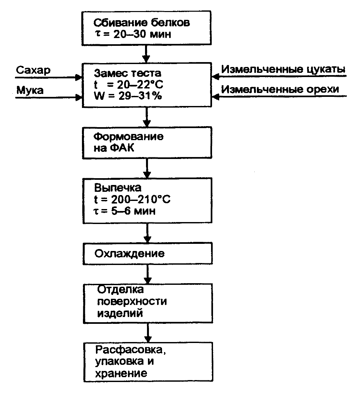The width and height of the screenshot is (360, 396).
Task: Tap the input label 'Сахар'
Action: tap(33, 71)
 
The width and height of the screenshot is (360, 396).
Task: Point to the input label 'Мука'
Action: tap(30, 90)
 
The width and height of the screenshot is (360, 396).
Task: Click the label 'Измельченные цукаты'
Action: tap(283, 70)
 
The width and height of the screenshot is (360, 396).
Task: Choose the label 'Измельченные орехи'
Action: tap(280, 89)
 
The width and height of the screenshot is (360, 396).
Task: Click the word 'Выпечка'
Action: tap(118, 188)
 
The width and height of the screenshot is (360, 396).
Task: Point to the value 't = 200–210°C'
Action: tap(132, 199)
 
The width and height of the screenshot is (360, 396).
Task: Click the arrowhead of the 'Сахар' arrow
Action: tap(79, 77)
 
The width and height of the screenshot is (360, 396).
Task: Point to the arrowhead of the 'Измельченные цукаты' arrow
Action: tap(215, 77)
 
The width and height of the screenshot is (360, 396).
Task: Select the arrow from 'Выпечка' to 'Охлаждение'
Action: tap(148, 233)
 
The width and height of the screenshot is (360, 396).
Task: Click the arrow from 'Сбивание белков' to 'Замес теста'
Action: tap(147, 54)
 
